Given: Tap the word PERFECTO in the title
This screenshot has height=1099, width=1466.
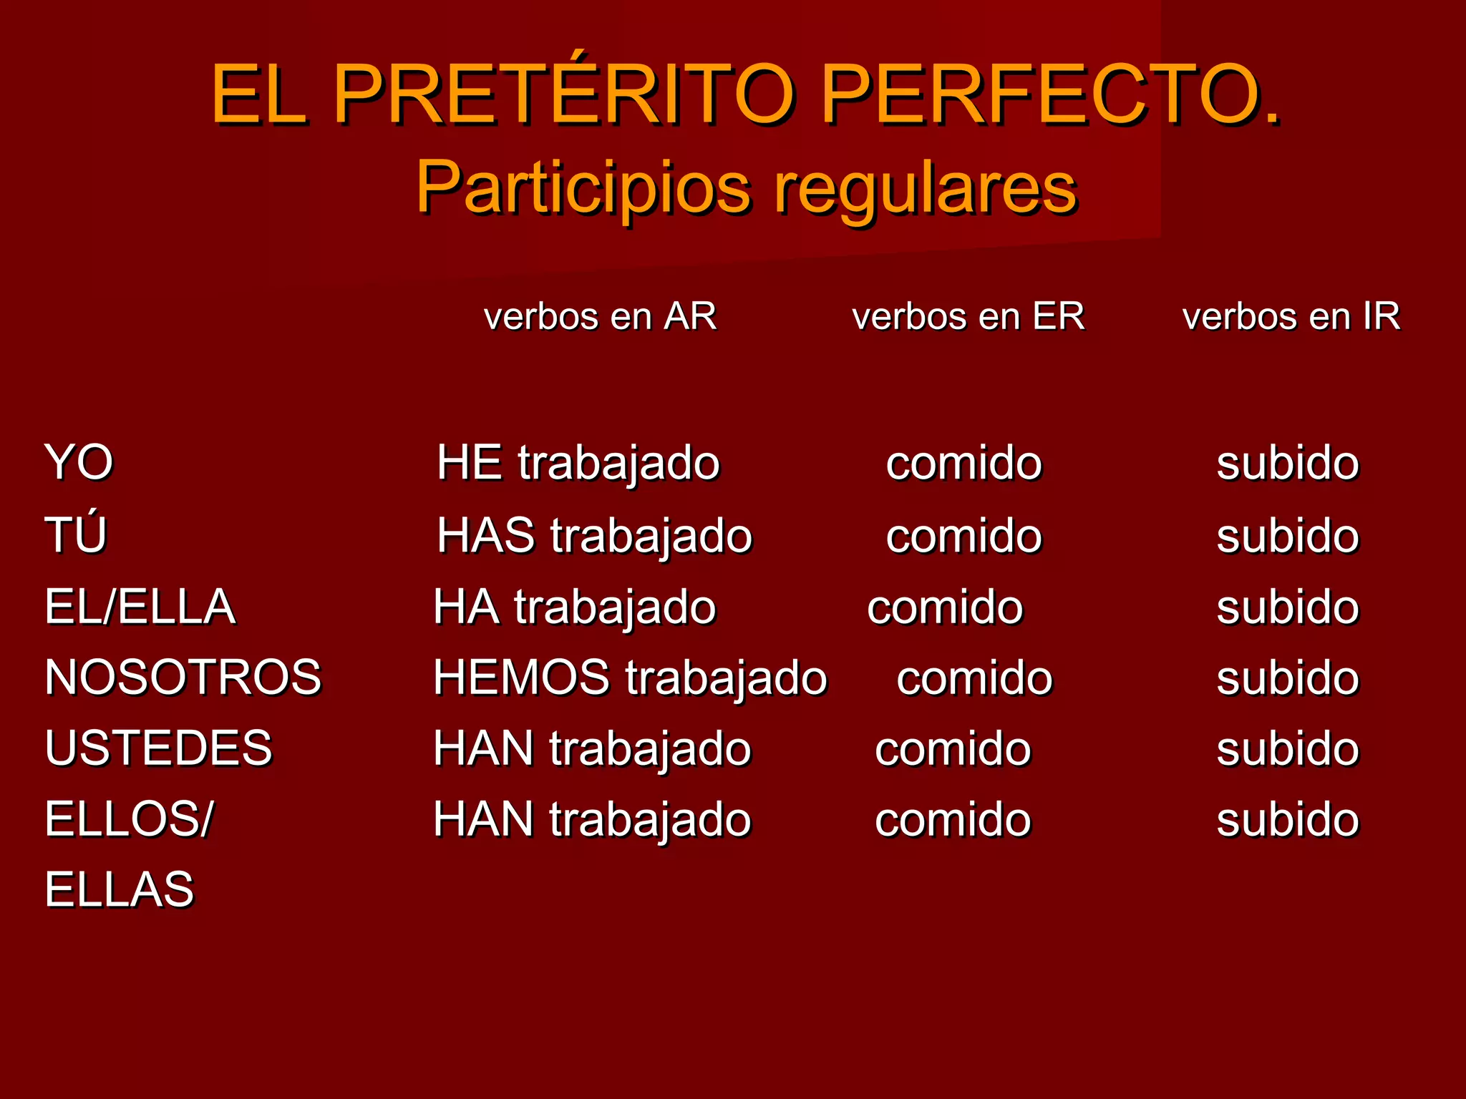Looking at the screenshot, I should [1049, 94].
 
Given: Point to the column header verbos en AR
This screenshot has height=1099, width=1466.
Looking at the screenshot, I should [600, 316].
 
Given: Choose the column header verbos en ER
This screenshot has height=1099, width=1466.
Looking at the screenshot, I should [968, 316].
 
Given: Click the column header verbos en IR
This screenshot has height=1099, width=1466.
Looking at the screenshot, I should [1291, 316].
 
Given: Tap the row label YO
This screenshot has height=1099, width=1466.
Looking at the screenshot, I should [79, 462].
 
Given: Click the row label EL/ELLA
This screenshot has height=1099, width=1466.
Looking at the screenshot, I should [140, 607].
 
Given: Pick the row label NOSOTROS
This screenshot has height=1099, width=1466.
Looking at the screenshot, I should [183, 677].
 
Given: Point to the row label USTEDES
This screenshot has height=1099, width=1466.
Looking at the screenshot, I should [158, 748].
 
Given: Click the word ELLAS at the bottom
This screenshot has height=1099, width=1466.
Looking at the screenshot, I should [120, 889].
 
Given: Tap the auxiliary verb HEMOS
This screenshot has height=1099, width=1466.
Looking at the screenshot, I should [521, 677].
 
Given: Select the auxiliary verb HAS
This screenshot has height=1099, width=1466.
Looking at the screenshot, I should [486, 535].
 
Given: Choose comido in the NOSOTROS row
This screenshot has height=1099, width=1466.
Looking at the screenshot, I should [974, 678].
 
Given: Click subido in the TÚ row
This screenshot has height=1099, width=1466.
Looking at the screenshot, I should [1287, 535].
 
